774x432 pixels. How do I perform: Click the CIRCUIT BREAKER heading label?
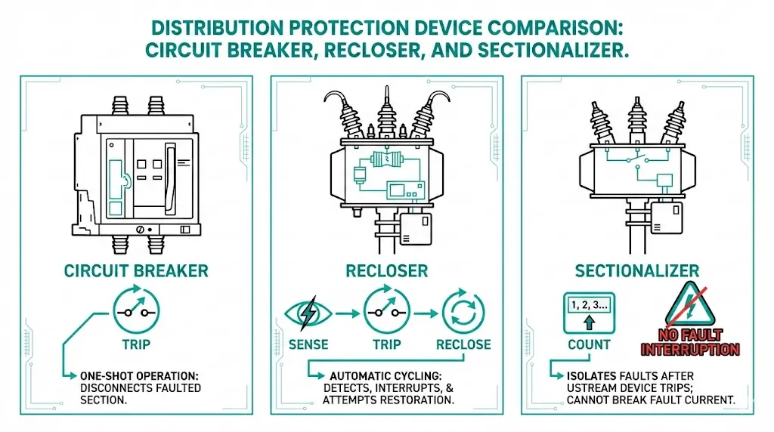pyautogui.click(x=136, y=270)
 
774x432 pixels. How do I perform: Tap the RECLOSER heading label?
pyautogui.click(x=387, y=270)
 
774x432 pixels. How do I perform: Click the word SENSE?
pyautogui.click(x=308, y=344)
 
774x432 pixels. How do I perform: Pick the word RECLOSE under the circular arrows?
pyautogui.click(x=463, y=344)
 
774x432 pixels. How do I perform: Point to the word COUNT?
pyautogui.click(x=590, y=344)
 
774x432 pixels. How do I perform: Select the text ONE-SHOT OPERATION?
pyautogui.click(x=141, y=375)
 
